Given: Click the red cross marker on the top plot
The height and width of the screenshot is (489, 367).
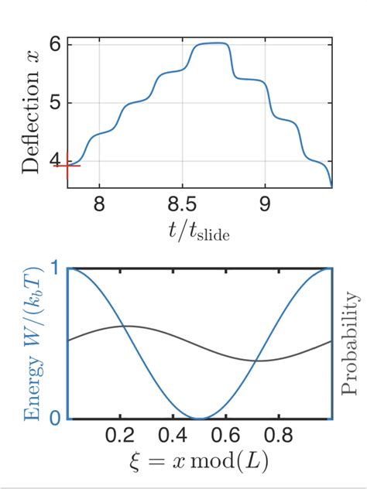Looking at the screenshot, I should (x=67, y=166).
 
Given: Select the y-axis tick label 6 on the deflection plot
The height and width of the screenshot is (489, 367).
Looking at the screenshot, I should (x=55, y=44).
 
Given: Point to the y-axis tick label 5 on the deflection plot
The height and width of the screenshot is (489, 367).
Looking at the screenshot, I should (x=55, y=103).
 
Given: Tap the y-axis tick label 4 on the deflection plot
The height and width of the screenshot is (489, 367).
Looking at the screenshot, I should (x=55, y=162).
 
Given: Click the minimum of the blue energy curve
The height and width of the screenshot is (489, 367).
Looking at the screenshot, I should (x=201, y=418).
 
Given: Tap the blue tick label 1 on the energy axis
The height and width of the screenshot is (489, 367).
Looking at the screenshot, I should (x=54, y=268).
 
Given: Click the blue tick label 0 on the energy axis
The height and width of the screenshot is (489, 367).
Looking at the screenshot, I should (x=54, y=419).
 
